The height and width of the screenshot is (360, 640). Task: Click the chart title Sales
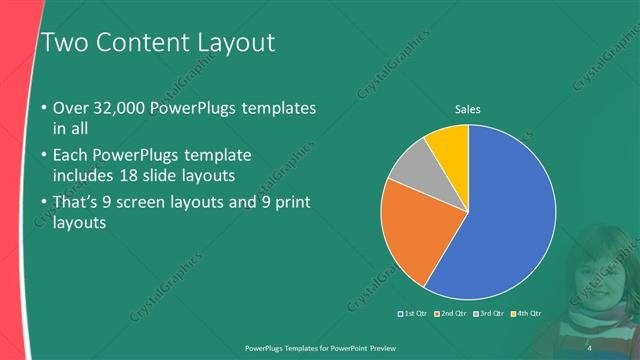tap(469, 109)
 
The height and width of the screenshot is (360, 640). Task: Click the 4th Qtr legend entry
tap(526, 314)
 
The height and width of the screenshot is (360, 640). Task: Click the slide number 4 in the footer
tap(589, 347)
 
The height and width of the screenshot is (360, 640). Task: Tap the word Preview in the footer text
tap(391, 347)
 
